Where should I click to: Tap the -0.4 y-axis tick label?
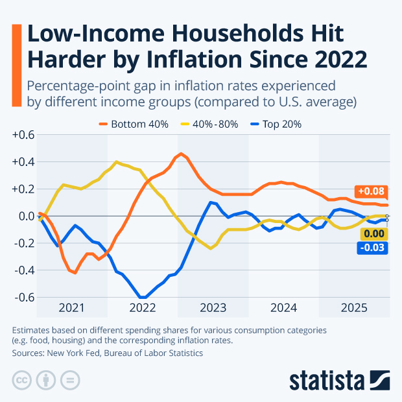(x=23, y=270)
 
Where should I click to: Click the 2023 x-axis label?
(x=213, y=307)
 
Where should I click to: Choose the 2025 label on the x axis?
(x=354, y=307)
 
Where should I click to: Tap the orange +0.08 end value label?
(x=372, y=191)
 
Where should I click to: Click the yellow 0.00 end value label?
(x=373, y=234)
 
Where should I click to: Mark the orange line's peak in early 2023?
(x=181, y=154)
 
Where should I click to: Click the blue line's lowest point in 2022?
(x=143, y=298)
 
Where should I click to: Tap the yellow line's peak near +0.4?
(x=116, y=161)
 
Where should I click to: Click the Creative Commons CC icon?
(x=22, y=379)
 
